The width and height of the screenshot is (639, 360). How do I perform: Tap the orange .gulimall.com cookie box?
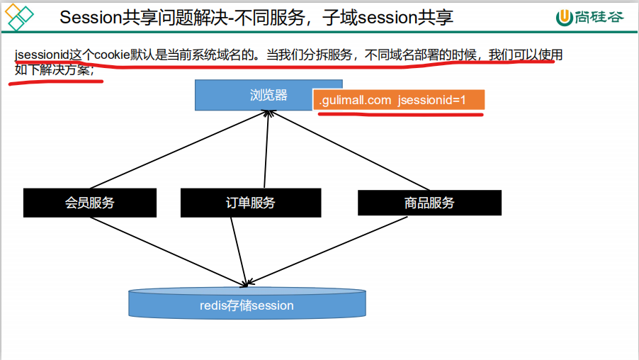pyautogui.click(x=399, y=101)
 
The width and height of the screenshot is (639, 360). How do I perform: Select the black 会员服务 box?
pyautogui.click(x=89, y=203)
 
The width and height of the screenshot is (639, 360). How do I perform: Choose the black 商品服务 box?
pyautogui.click(x=429, y=203)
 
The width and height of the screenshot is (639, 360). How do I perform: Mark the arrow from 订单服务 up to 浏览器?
pyautogui.click(x=266, y=149)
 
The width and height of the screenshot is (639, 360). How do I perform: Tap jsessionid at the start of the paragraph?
pyautogui.click(x=41, y=55)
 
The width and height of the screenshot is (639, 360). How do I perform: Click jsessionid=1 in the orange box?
pyautogui.click(x=432, y=101)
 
